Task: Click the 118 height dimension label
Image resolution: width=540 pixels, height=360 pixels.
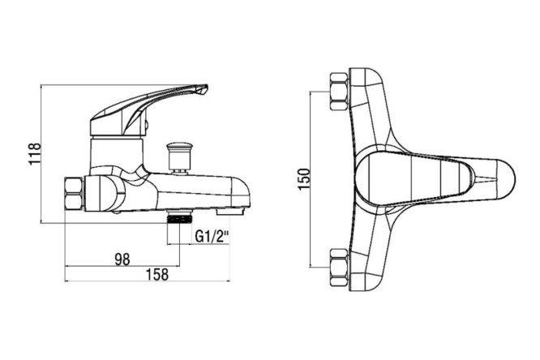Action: click(x=35, y=153)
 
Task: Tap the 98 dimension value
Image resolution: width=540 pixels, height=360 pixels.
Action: click(x=122, y=259)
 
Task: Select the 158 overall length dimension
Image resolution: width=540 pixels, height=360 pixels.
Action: click(x=157, y=275)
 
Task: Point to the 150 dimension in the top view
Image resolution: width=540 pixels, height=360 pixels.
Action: click(x=304, y=179)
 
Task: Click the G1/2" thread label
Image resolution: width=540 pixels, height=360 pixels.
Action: click(x=212, y=237)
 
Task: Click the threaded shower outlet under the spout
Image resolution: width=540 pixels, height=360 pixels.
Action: click(x=179, y=218)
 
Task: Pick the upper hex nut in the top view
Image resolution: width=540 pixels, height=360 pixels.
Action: click(x=339, y=92)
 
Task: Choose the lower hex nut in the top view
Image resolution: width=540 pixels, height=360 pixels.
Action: click(x=339, y=267)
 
